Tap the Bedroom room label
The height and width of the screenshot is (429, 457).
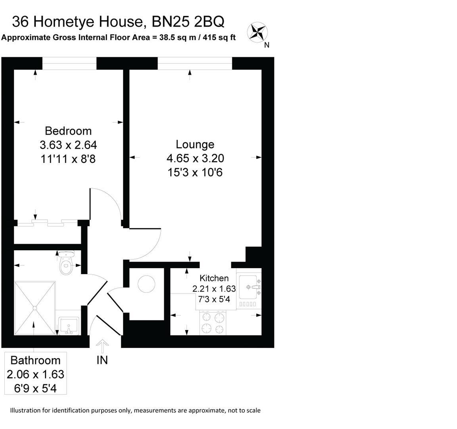[68, 131]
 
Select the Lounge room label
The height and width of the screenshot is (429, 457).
[195, 144]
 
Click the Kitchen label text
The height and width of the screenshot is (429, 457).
[214, 278]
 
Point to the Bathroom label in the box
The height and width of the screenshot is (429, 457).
[35, 360]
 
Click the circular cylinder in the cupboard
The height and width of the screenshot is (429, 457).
[146, 284]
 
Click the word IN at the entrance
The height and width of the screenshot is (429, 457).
[102, 360]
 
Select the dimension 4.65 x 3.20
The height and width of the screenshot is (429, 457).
[195, 158]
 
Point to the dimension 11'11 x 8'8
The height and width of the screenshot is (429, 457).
[68, 159]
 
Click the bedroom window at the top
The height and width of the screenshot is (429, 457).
[69, 63]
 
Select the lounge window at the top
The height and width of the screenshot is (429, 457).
[195, 63]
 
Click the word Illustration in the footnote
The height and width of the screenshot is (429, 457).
[27, 410]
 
